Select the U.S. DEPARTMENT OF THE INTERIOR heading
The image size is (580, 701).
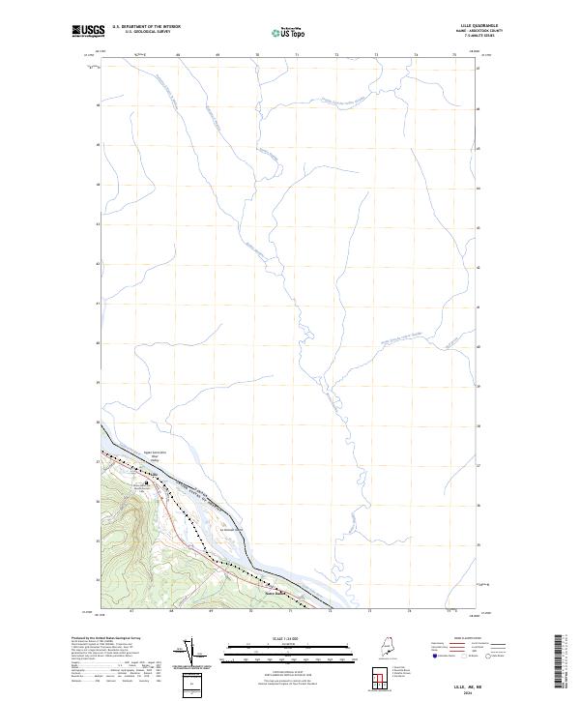[146, 26]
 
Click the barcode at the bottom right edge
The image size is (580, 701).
[565, 665]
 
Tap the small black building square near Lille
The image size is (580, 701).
[147, 483]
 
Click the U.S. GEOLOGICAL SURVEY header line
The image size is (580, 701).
[146, 31]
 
